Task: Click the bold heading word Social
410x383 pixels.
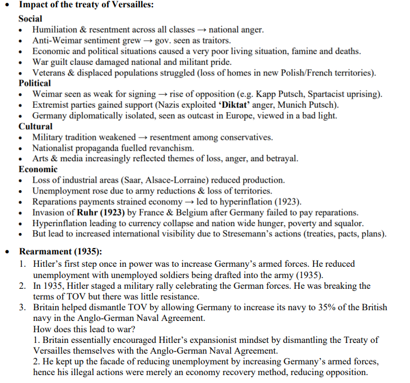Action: point(30,18)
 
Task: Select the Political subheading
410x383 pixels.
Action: point(35,83)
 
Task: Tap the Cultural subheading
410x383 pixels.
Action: point(36,126)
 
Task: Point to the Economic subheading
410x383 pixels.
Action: point(38,169)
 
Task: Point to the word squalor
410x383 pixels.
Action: point(348,223)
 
